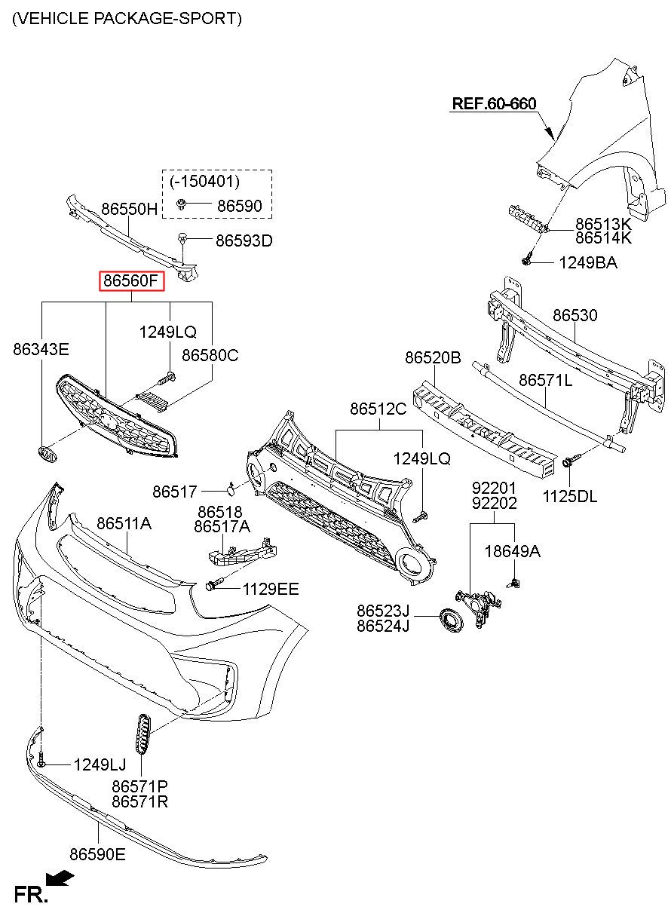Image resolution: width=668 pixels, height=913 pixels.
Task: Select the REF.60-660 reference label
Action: [x=494, y=104]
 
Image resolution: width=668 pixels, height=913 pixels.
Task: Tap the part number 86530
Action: [x=575, y=315]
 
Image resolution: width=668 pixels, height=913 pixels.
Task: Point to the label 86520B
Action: [x=433, y=357]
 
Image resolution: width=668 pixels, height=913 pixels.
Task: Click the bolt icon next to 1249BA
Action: [x=527, y=261]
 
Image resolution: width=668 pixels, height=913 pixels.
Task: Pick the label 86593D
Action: [x=244, y=241]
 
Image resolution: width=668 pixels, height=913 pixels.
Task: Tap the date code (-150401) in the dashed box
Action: [x=204, y=182]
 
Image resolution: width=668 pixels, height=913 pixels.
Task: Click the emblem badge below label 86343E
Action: [x=47, y=455]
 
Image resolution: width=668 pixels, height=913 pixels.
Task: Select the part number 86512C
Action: [x=378, y=409]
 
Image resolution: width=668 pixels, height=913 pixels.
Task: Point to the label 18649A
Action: [x=512, y=551]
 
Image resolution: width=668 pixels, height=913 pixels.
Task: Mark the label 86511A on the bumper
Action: [x=124, y=523]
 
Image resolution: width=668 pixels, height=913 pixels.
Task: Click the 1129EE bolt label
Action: [x=271, y=589]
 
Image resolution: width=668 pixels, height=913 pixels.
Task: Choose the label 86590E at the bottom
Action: [x=98, y=854]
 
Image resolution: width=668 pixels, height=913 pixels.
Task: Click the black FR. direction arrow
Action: [x=60, y=878]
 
